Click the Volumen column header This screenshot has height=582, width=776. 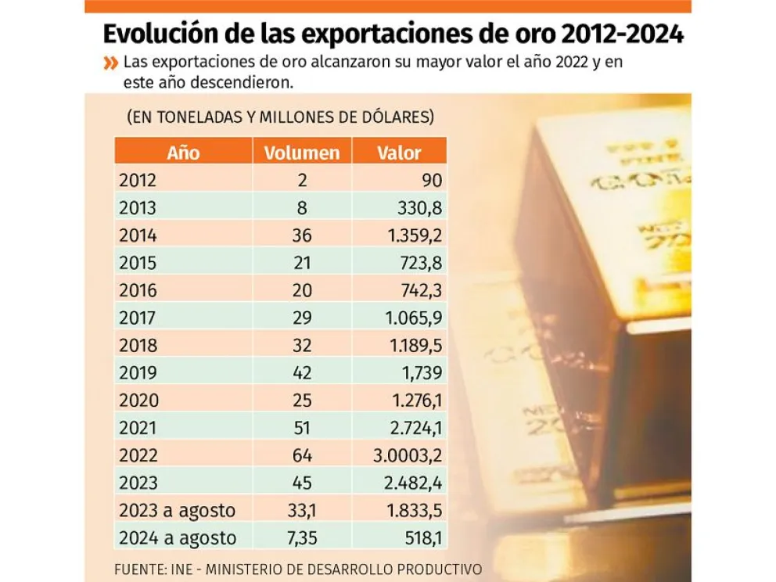302,153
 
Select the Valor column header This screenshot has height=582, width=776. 399,153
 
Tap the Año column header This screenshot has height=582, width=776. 183,153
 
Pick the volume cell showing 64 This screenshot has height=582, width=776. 302,455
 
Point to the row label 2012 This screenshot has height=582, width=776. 138,181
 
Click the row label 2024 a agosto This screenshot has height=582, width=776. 177,538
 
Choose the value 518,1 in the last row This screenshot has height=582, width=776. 422,538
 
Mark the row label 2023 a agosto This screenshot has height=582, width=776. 177,511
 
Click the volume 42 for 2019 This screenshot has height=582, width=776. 302,373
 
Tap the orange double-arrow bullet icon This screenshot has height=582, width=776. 110,63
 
